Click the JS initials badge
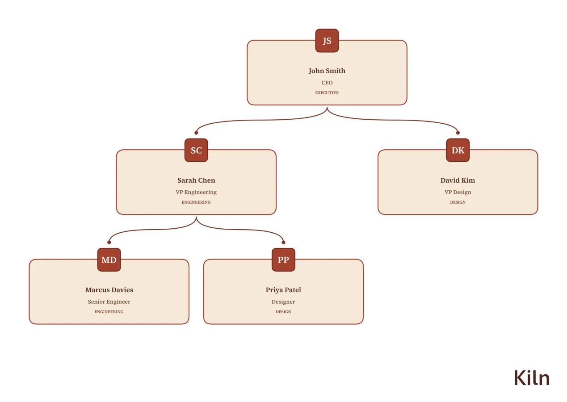coord(327,41)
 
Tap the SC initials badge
coord(196,150)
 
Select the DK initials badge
coord(458,150)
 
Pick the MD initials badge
coord(109,260)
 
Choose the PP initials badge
coord(283,260)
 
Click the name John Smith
coord(327,71)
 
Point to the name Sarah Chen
coord(196,180)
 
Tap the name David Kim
coord(458,180)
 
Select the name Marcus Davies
coord(109,290)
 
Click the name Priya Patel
coord(283,290)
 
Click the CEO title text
coord(327,83)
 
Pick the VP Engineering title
coord(196,192)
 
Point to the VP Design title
coord(458,192)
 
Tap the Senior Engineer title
coord(109,302)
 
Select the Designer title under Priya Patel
coord(283,302)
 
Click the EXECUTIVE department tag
coord(327,93)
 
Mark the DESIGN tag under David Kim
coord(458,202)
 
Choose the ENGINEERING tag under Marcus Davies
coord(109,312)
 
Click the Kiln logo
coord(532,378)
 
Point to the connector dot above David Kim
coord(458,133)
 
